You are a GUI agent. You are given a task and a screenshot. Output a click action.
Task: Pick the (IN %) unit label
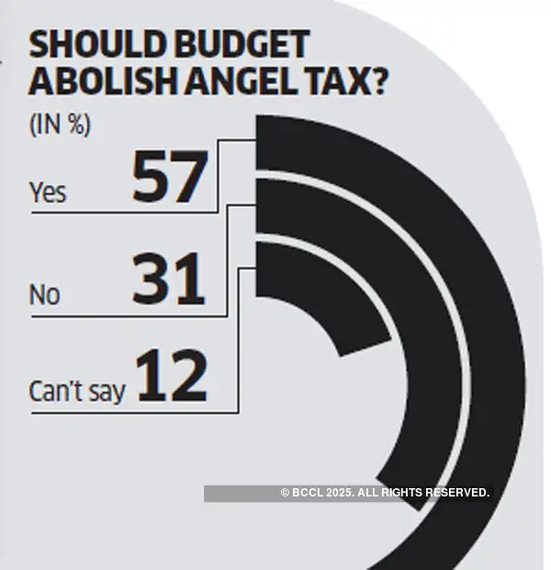61,124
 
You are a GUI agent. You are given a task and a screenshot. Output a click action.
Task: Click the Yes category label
48,193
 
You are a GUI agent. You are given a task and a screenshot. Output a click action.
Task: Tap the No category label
44,295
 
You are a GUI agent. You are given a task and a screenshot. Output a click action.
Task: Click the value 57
169,177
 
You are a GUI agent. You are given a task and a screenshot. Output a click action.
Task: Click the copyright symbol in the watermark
286,494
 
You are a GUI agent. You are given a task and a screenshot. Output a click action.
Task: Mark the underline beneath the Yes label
119,213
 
